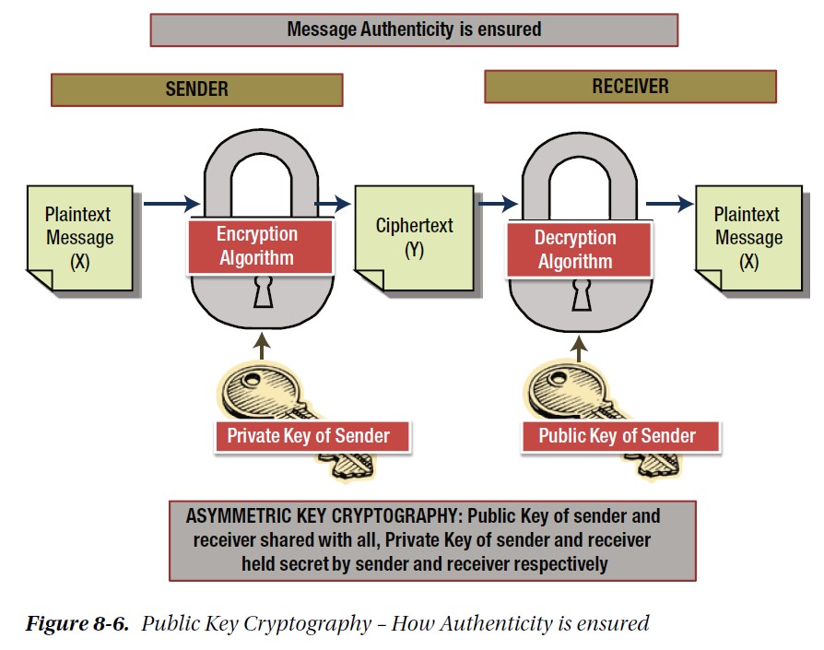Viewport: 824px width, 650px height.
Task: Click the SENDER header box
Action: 197,89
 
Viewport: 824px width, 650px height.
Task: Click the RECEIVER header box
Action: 630,87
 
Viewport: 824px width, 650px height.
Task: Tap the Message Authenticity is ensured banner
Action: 414,30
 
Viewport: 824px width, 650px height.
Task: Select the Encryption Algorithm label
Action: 260,246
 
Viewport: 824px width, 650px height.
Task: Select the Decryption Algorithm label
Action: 579,250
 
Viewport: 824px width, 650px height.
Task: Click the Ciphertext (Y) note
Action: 414,238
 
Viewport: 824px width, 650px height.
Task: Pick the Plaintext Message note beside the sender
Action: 80,238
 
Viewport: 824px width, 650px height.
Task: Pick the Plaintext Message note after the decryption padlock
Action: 748,238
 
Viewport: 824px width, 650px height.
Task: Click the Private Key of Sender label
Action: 312,437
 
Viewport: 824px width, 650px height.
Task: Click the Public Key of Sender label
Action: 620,437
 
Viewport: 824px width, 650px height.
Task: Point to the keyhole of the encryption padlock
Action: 264,292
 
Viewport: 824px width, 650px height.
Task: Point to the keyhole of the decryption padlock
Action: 582,295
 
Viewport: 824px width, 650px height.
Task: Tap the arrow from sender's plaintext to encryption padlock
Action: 171,204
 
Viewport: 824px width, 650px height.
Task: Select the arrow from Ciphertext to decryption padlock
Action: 499,204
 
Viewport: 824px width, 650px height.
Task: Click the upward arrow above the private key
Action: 262,347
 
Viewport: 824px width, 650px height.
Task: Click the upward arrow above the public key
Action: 579,349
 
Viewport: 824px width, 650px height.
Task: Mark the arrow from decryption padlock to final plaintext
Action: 670,204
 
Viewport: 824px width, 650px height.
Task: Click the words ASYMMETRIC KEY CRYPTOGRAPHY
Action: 324,516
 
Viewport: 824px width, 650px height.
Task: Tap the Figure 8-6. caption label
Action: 77,624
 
